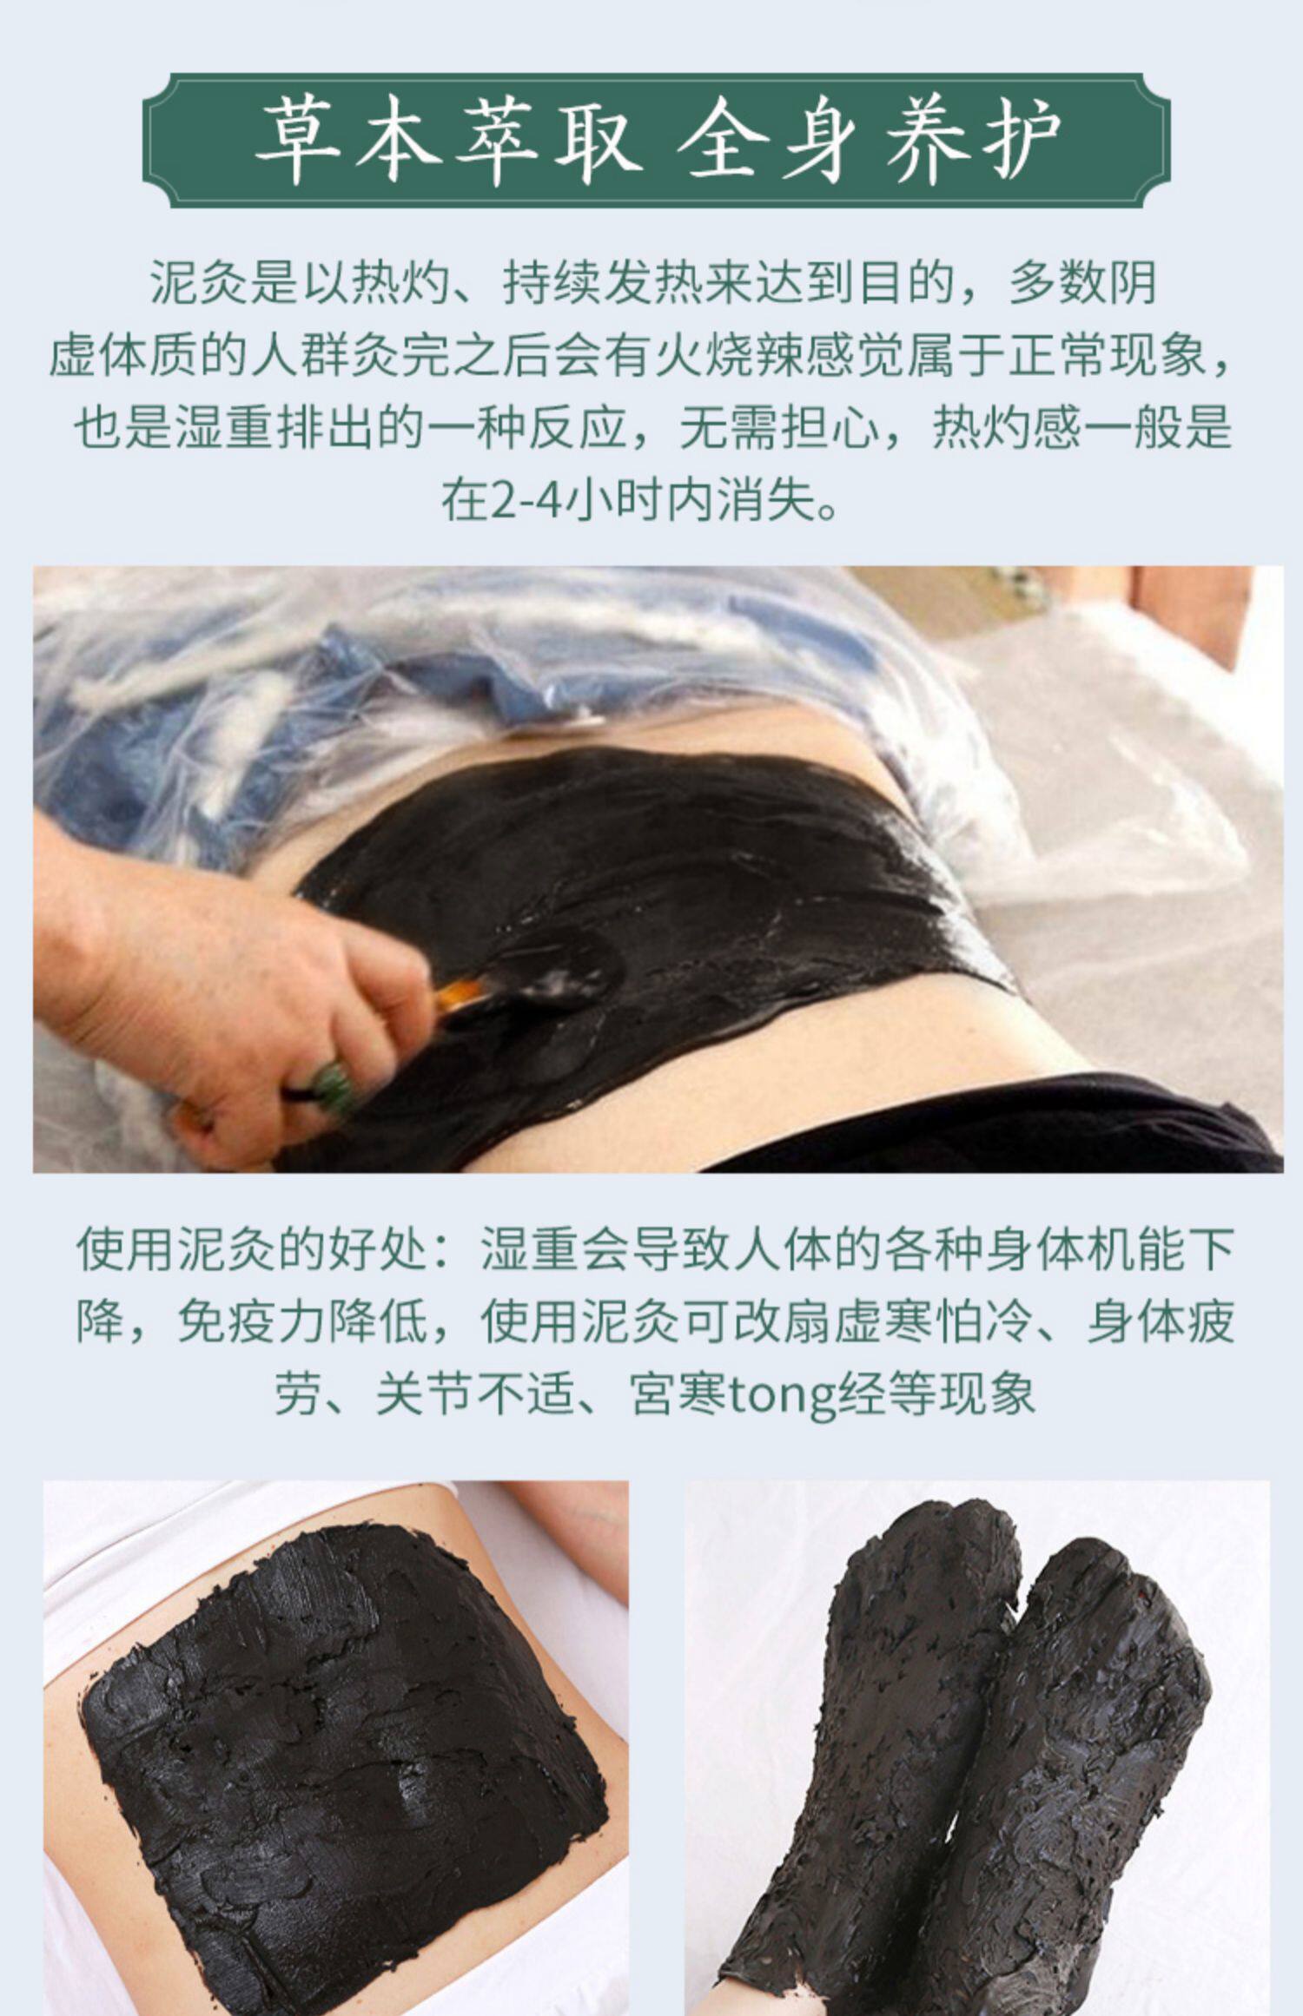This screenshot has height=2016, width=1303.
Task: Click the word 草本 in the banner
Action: pos(347,142)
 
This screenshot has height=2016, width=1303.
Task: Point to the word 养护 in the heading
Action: pos(972,142)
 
